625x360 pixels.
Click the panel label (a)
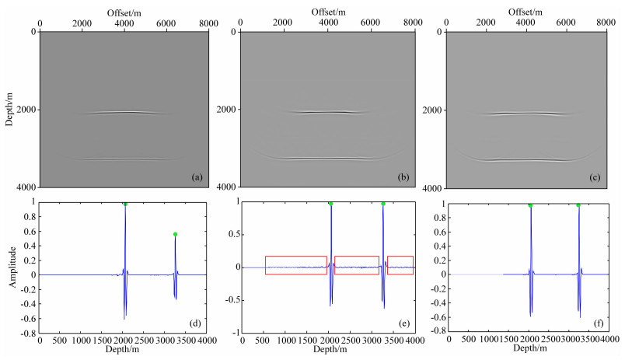pos(197,177)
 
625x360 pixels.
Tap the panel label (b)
pos(403,177)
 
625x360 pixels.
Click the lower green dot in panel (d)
pos(175,234)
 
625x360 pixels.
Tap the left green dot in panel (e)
pos(330,204)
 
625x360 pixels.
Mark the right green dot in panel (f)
pos(578,205)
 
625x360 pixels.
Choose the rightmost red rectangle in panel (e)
pos(400,265)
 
